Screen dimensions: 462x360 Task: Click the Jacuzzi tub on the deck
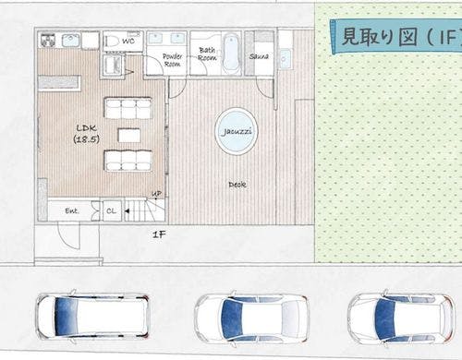click(237, 131)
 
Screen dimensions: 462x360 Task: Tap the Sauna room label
click(259, 56)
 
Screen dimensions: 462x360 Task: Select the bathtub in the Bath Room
click(231, 54)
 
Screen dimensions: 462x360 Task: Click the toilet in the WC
click(112, 41)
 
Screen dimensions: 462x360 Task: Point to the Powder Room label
click(173, 60)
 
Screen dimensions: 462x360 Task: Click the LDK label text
click(86, 127)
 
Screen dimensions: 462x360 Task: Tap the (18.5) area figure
click(86, 139)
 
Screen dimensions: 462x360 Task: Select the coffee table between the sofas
click(129, 136)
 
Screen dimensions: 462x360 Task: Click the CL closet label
click(112, 211)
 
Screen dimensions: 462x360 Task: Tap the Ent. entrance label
click(72, 211)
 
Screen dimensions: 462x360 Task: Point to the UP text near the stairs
click(156, 194)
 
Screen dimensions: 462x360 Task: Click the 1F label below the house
click(159, 234)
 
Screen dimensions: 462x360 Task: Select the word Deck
click(237, 185)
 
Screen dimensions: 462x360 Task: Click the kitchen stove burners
click(48, 41)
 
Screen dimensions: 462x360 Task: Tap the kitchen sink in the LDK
click(71, 41)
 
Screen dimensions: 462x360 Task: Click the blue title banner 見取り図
click(395, 37)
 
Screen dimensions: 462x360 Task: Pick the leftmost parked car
click(91, 316)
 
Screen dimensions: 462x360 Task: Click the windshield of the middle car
click(233, 318)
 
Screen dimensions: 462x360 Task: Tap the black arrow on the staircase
click(127, 211)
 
